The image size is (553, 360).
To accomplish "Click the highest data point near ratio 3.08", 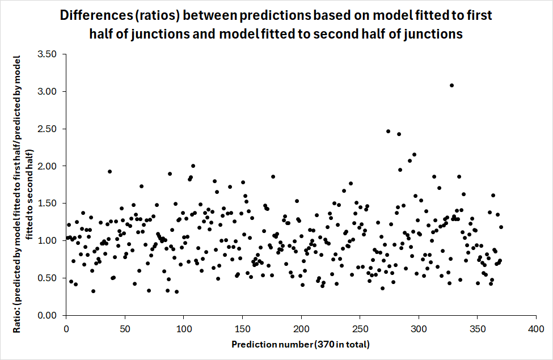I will (451, 86).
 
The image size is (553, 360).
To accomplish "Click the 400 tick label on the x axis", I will (537, 329).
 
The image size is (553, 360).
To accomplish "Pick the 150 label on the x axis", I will (242, 329).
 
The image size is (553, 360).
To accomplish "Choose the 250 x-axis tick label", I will (360, 329).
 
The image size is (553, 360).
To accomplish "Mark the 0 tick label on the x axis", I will (66, 329).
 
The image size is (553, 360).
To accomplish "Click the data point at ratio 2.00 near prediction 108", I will (193, 166).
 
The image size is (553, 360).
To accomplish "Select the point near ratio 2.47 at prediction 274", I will (389, 131).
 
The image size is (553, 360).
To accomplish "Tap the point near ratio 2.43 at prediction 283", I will (399, 134).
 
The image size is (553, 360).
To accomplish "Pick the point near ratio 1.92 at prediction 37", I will (110, 172).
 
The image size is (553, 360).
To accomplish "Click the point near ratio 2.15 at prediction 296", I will (414, 155).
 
